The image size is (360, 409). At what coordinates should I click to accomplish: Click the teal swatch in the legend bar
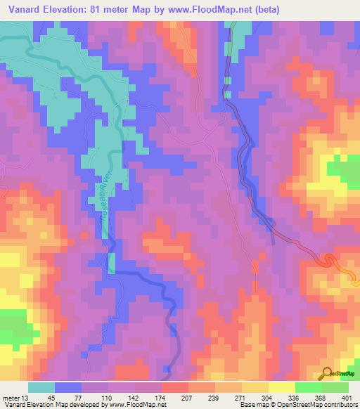click(41, 387)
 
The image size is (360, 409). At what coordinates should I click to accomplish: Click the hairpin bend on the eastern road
click(328, 261)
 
